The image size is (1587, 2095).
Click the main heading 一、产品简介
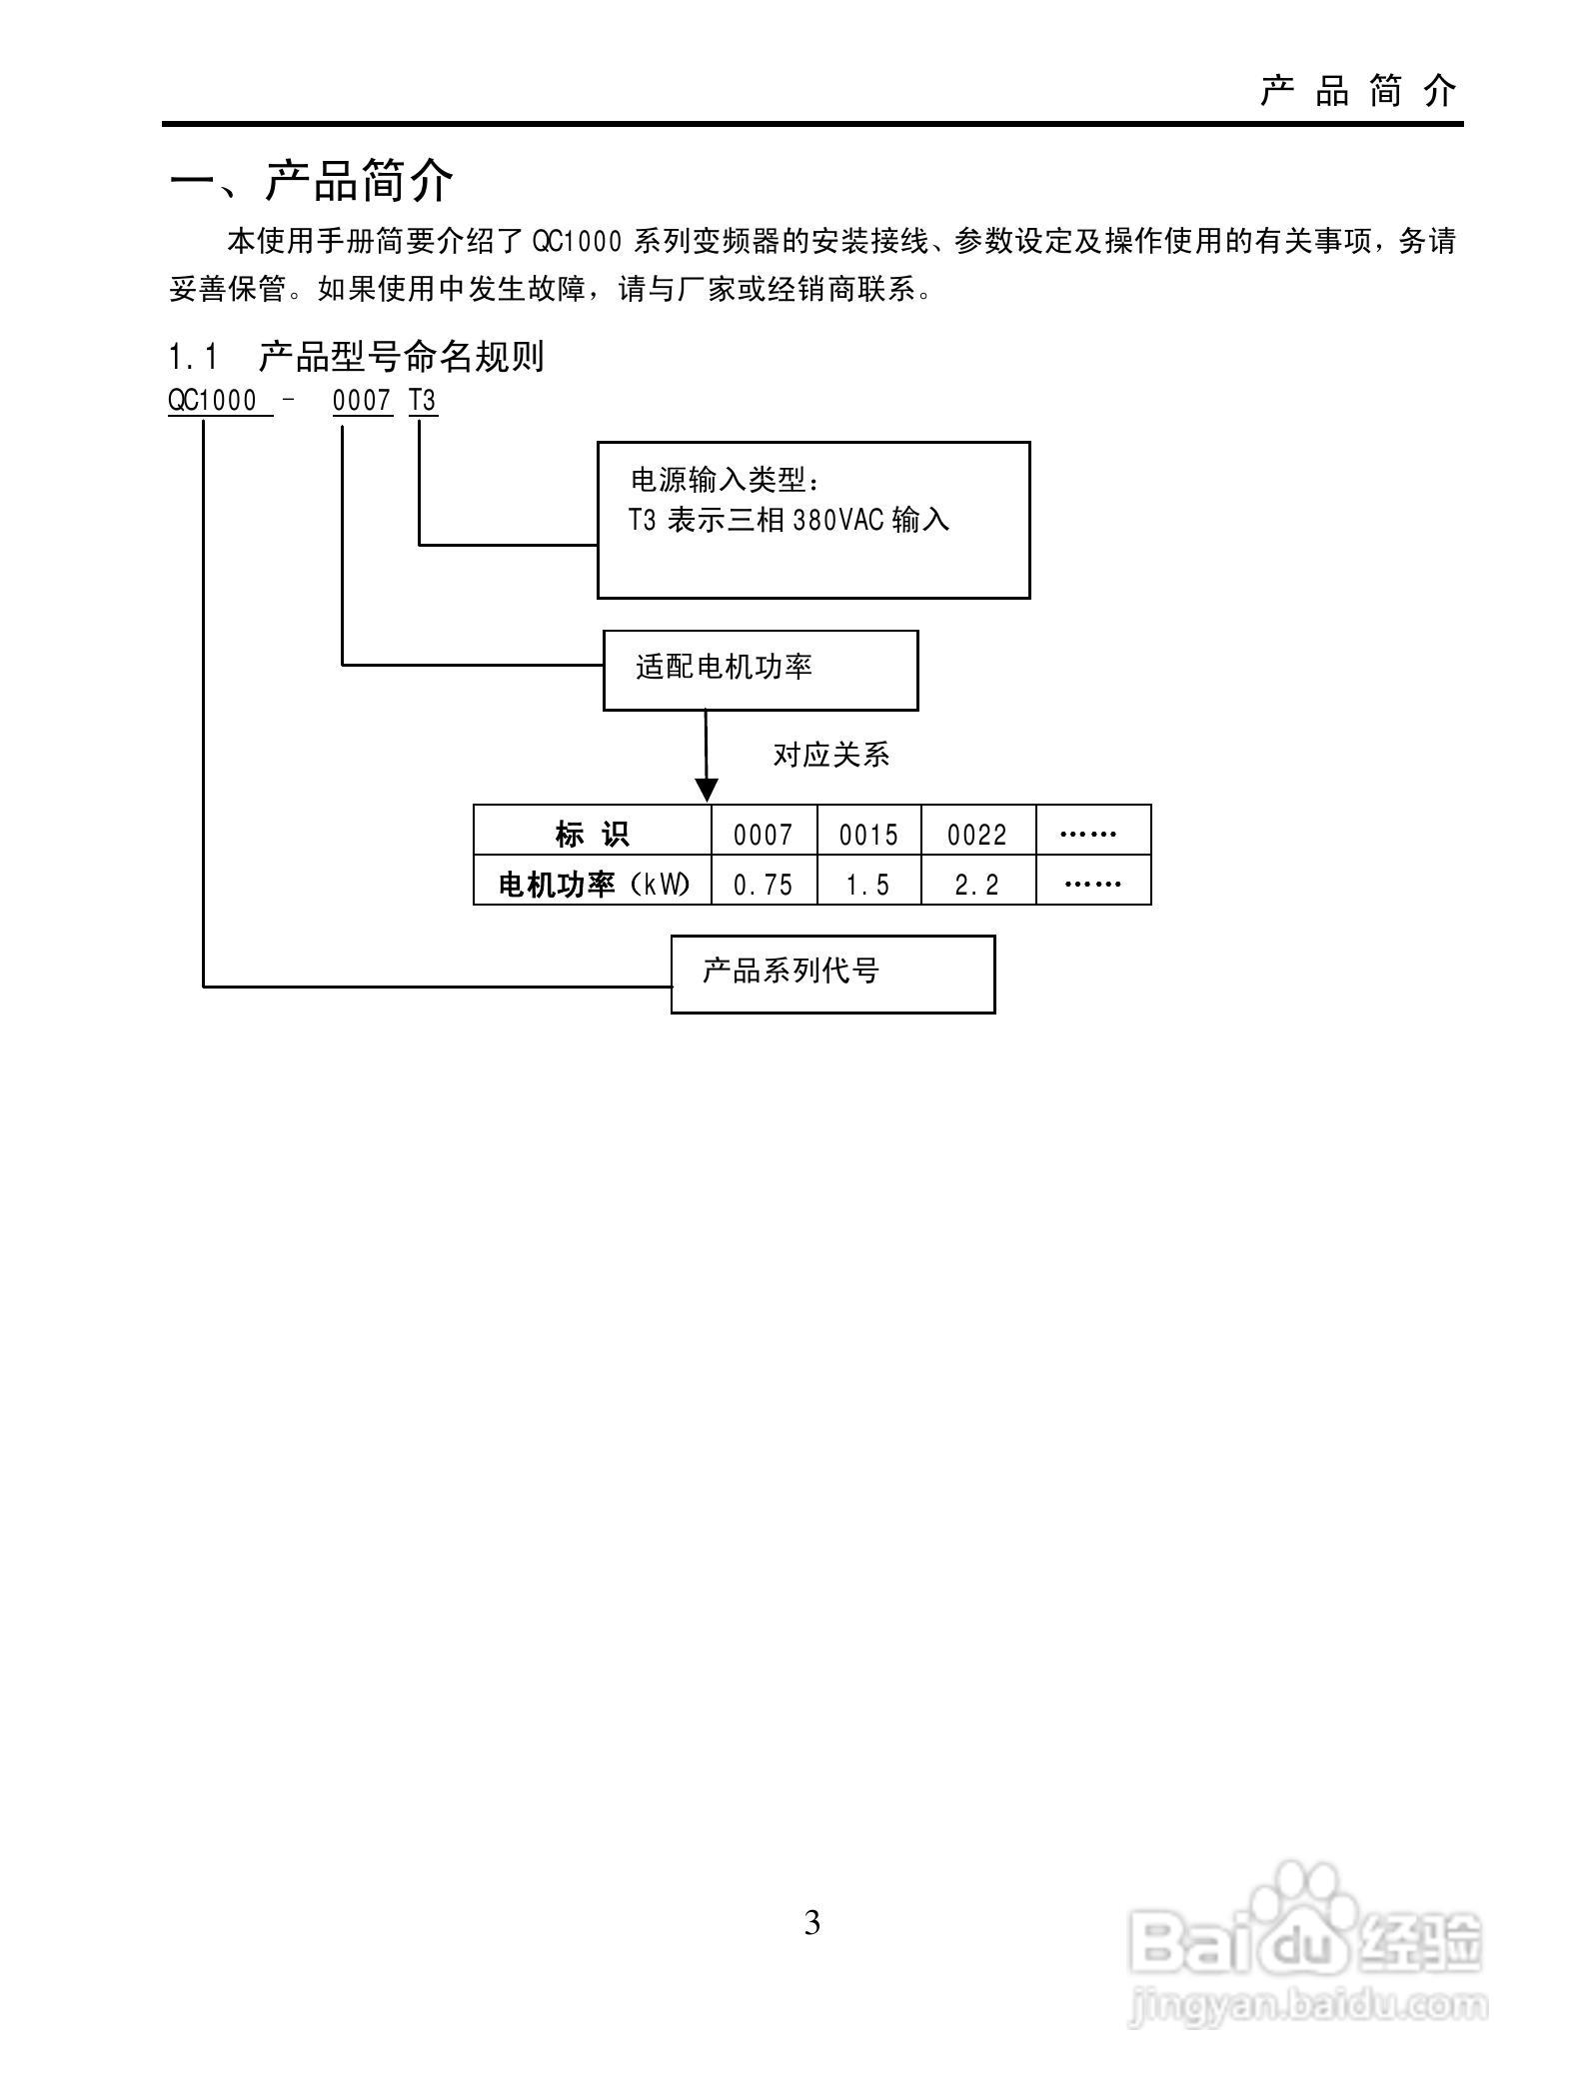(x=312, y=181)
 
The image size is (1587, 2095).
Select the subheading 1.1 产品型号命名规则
(x=356, y=357)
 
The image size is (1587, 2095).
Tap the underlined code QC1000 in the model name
(x=213, y=401)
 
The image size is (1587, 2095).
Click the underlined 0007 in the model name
(x=361, y=401)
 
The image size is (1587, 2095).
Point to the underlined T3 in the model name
(x=423, y=401)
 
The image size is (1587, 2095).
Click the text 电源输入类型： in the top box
(x=727, y=481)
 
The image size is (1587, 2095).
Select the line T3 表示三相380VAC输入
(x=789, y=521)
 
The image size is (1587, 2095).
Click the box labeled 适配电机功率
(x=760, y=670)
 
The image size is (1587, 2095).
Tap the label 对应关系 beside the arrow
(x=830, y=755)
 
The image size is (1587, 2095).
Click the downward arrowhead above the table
(x=707, y=790)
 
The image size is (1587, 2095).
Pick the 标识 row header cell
(x=593, y=833)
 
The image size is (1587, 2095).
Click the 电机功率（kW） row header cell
(x=593, y=884)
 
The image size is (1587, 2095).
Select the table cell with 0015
(x=868, y=834)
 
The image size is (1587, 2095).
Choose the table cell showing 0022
(x=977, y=834)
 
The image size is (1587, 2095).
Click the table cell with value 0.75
(x=763, y=885)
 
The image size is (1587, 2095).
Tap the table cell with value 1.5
(x=868, y=885)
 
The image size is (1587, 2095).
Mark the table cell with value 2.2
(x=977, y=885)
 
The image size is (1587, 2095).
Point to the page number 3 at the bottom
(x=812, y=1922)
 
